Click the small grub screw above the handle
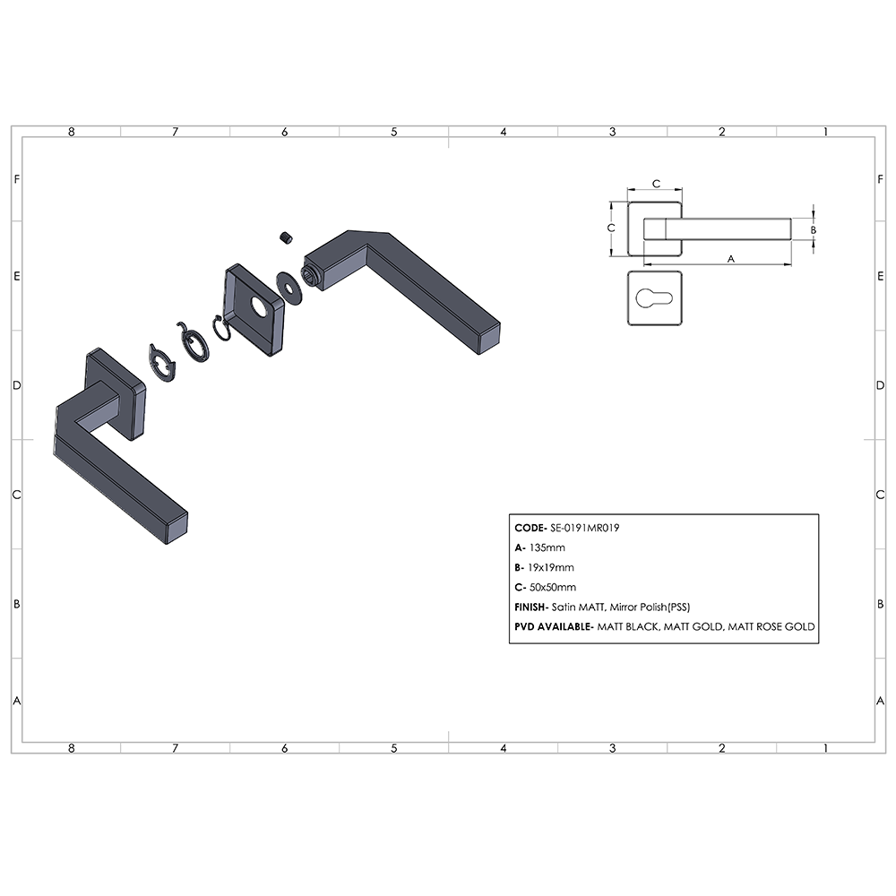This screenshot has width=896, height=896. (287, 237)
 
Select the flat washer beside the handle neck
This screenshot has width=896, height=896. (289, 288)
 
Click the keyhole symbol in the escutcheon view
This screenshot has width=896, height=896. (654, 297)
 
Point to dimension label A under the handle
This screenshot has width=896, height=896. (731, 259)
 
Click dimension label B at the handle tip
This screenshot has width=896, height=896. (814, 229)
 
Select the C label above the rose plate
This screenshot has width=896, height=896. (656, 184)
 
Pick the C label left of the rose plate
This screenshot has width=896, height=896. (611, 228)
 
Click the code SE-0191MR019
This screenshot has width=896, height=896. (584, 528)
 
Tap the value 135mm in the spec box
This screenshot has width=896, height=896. (547, 547)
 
